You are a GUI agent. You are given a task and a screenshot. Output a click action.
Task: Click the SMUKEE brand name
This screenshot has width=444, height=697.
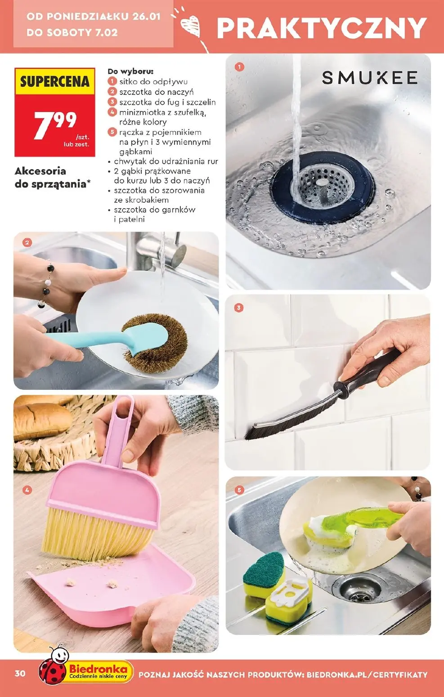[x=369, y=78]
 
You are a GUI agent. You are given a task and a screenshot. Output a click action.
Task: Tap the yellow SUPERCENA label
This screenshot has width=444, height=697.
[x=54, y=82]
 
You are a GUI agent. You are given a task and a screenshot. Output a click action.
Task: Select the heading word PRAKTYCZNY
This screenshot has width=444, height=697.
[x=321, y=28]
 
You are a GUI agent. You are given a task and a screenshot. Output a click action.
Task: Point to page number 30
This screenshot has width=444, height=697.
[x=20, y=673]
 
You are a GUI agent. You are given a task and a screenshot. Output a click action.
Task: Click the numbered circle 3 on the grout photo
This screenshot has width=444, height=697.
[x=239, y=308]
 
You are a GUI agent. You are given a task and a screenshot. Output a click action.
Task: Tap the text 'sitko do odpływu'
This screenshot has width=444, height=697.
[x=153, y=82]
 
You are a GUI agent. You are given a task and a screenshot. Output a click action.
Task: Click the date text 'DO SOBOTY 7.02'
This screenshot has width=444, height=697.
[x=72, y=32]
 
